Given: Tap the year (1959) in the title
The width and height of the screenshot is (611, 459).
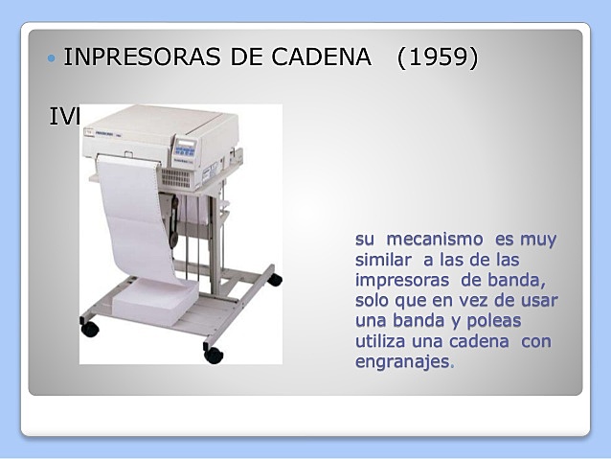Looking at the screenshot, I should (438, 57).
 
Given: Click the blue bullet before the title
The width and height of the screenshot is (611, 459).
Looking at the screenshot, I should (52, 59).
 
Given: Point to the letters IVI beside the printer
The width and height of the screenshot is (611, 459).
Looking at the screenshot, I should (61, 118).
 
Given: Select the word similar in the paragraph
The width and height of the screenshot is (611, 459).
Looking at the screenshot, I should (384, 260).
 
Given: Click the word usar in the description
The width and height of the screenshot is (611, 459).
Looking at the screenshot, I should (540, 300).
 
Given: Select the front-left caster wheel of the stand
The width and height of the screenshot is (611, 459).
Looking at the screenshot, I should (90, 329).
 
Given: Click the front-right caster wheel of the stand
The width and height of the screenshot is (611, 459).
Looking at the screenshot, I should (214, 355).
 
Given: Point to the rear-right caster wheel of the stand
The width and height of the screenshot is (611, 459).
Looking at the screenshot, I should (275, 280).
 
